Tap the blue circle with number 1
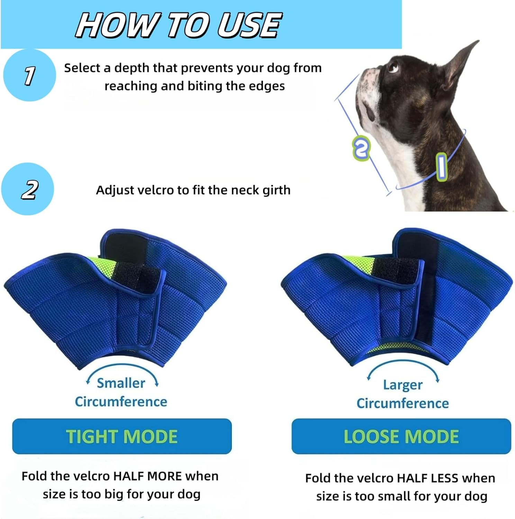[x=29, y=75]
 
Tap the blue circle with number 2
[x=28, y=189]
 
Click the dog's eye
[x=393, y=67]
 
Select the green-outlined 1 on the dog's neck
[x=441, y=166]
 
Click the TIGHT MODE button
[x=122, y=436]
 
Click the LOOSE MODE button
[x=401, y=436]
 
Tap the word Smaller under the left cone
[x=121, y=383]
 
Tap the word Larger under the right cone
[x=403, y=385]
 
